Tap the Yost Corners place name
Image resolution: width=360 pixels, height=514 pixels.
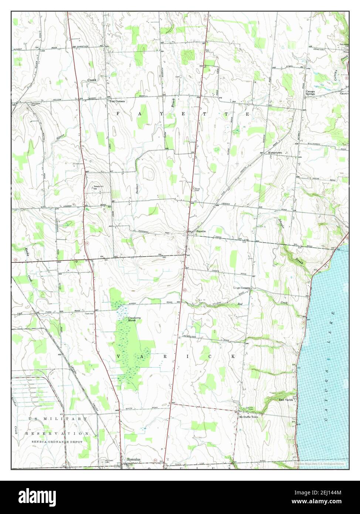coord(117,101)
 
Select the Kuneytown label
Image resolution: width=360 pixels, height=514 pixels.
coord(274,153)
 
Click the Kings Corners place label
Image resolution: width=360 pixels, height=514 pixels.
coord(241,288)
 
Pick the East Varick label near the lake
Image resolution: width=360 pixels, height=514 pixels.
coord(286,400)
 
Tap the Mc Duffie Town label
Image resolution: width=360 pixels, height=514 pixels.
coord(250,416)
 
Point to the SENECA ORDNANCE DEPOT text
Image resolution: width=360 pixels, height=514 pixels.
coord(56,442)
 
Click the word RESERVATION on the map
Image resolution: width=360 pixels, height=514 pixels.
coord(57,433)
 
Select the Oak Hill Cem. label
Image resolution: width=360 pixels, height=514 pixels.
coord(250,408)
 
